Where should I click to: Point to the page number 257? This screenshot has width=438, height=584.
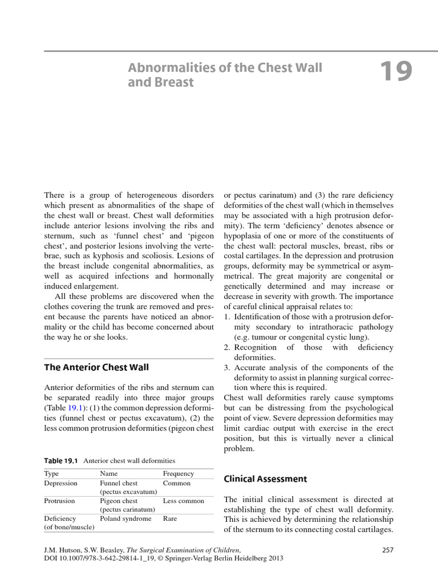[x=387, y=549]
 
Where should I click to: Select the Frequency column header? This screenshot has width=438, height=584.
[x=179, y=473]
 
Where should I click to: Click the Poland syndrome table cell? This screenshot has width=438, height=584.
[x=125, y=518]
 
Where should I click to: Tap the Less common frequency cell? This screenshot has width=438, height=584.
[x=183, y=501]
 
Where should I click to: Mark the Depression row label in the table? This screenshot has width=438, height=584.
[x=61, y=482]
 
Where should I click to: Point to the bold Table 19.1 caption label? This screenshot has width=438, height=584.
[x=62, y=460]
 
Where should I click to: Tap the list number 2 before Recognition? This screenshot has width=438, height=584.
[x=226, y=347]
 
